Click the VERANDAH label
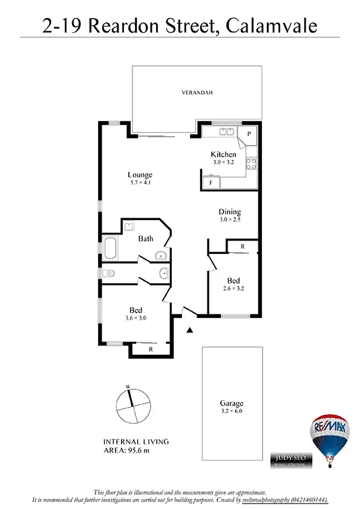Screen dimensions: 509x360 click(x=197, y=92)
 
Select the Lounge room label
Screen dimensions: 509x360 click(x=140, y=175)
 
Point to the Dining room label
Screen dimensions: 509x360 click(x=230, y=212)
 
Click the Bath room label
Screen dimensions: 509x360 click(x=145, y=239)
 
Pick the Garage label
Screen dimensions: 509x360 click(x=232, y=403)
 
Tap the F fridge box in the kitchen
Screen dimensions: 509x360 click(x=211, y=182)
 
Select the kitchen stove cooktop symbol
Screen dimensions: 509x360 click(x=252, y=163)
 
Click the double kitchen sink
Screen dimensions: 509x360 click(x=226, y=131)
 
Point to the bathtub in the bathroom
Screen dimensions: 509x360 click(x=111, y=248)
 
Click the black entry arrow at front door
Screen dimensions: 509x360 click(x=189, y=329)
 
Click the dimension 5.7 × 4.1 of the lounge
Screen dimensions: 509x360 click(x=140, y=183)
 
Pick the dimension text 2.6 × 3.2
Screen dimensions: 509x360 click(x=234, y=288)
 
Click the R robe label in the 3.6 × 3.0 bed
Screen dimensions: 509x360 click(x=150, y=349)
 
